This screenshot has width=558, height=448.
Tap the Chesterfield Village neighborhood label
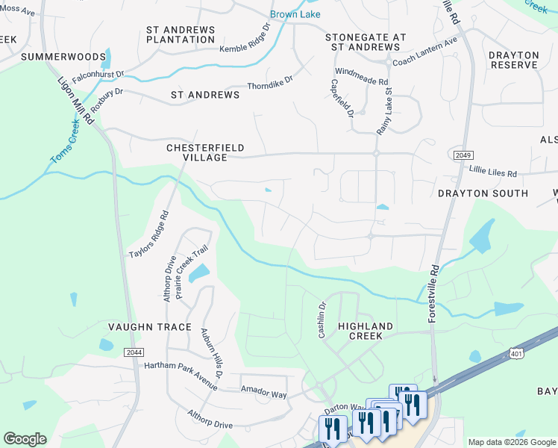(x=197, y=153)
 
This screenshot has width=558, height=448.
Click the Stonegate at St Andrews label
(x=366, y=42)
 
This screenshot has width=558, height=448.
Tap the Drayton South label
(x=483, y=193)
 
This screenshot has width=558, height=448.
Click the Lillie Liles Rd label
(x=492, y=172)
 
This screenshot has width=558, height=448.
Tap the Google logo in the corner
(x=25, y=439)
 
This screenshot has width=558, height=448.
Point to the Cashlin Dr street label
(x=322, y=320)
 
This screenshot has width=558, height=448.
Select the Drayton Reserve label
(x=513, y=60)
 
